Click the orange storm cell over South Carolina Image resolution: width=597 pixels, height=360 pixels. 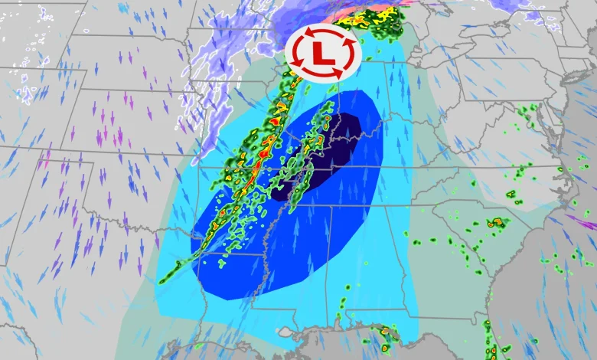pos(497,222)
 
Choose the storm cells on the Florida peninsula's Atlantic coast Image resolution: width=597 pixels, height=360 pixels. pos(488,337)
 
